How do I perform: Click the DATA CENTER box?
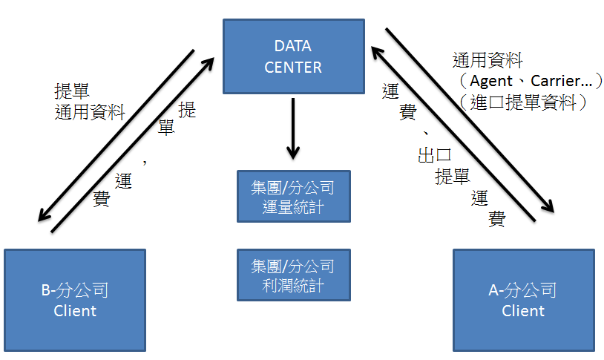pos(294,57)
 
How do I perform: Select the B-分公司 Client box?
pos(75,299)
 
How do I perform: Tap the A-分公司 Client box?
pos(523,299)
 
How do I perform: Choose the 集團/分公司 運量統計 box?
pos(293,196)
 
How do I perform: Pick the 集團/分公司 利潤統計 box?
pos(293,275)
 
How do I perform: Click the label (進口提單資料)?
pos(524,102)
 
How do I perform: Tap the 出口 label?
pos(435,156)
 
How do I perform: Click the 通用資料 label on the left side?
pos(90,111)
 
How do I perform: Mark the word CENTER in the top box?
pos(294,67)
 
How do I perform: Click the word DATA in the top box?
pos(294,47)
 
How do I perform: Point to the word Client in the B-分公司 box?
pos(75,310)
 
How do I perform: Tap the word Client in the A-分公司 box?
pos(523,310)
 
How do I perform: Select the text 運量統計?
pos(293,206)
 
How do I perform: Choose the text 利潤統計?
pos(293,285)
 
